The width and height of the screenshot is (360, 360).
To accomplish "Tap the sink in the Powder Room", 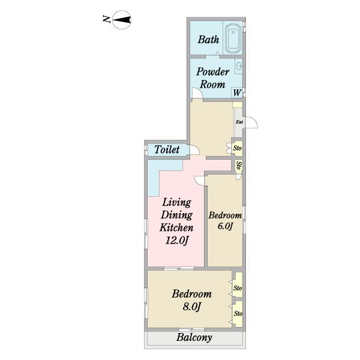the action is point(239,66).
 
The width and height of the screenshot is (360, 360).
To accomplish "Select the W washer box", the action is point(237,93).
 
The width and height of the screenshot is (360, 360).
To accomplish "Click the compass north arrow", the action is point(121,20).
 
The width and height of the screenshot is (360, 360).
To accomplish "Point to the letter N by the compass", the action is point(107,19).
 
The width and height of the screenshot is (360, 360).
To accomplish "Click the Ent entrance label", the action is point(239,122).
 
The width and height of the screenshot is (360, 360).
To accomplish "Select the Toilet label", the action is point(167,149).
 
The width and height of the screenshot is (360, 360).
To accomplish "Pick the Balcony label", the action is point(194,337).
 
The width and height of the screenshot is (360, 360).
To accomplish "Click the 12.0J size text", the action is point(177,241).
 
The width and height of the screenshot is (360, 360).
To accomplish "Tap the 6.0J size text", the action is point(225,226).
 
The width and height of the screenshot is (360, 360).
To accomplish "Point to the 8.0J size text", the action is point(192,306).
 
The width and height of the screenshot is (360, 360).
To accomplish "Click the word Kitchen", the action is point(176,227).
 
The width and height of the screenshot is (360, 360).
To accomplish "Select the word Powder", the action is point(213,71).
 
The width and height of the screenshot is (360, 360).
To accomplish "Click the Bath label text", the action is point(208,40).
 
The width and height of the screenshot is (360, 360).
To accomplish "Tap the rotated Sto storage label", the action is point(239,166).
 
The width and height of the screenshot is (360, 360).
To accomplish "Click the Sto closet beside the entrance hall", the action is point(237,148).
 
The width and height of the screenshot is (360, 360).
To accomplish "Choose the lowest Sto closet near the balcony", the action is point(238,314).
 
